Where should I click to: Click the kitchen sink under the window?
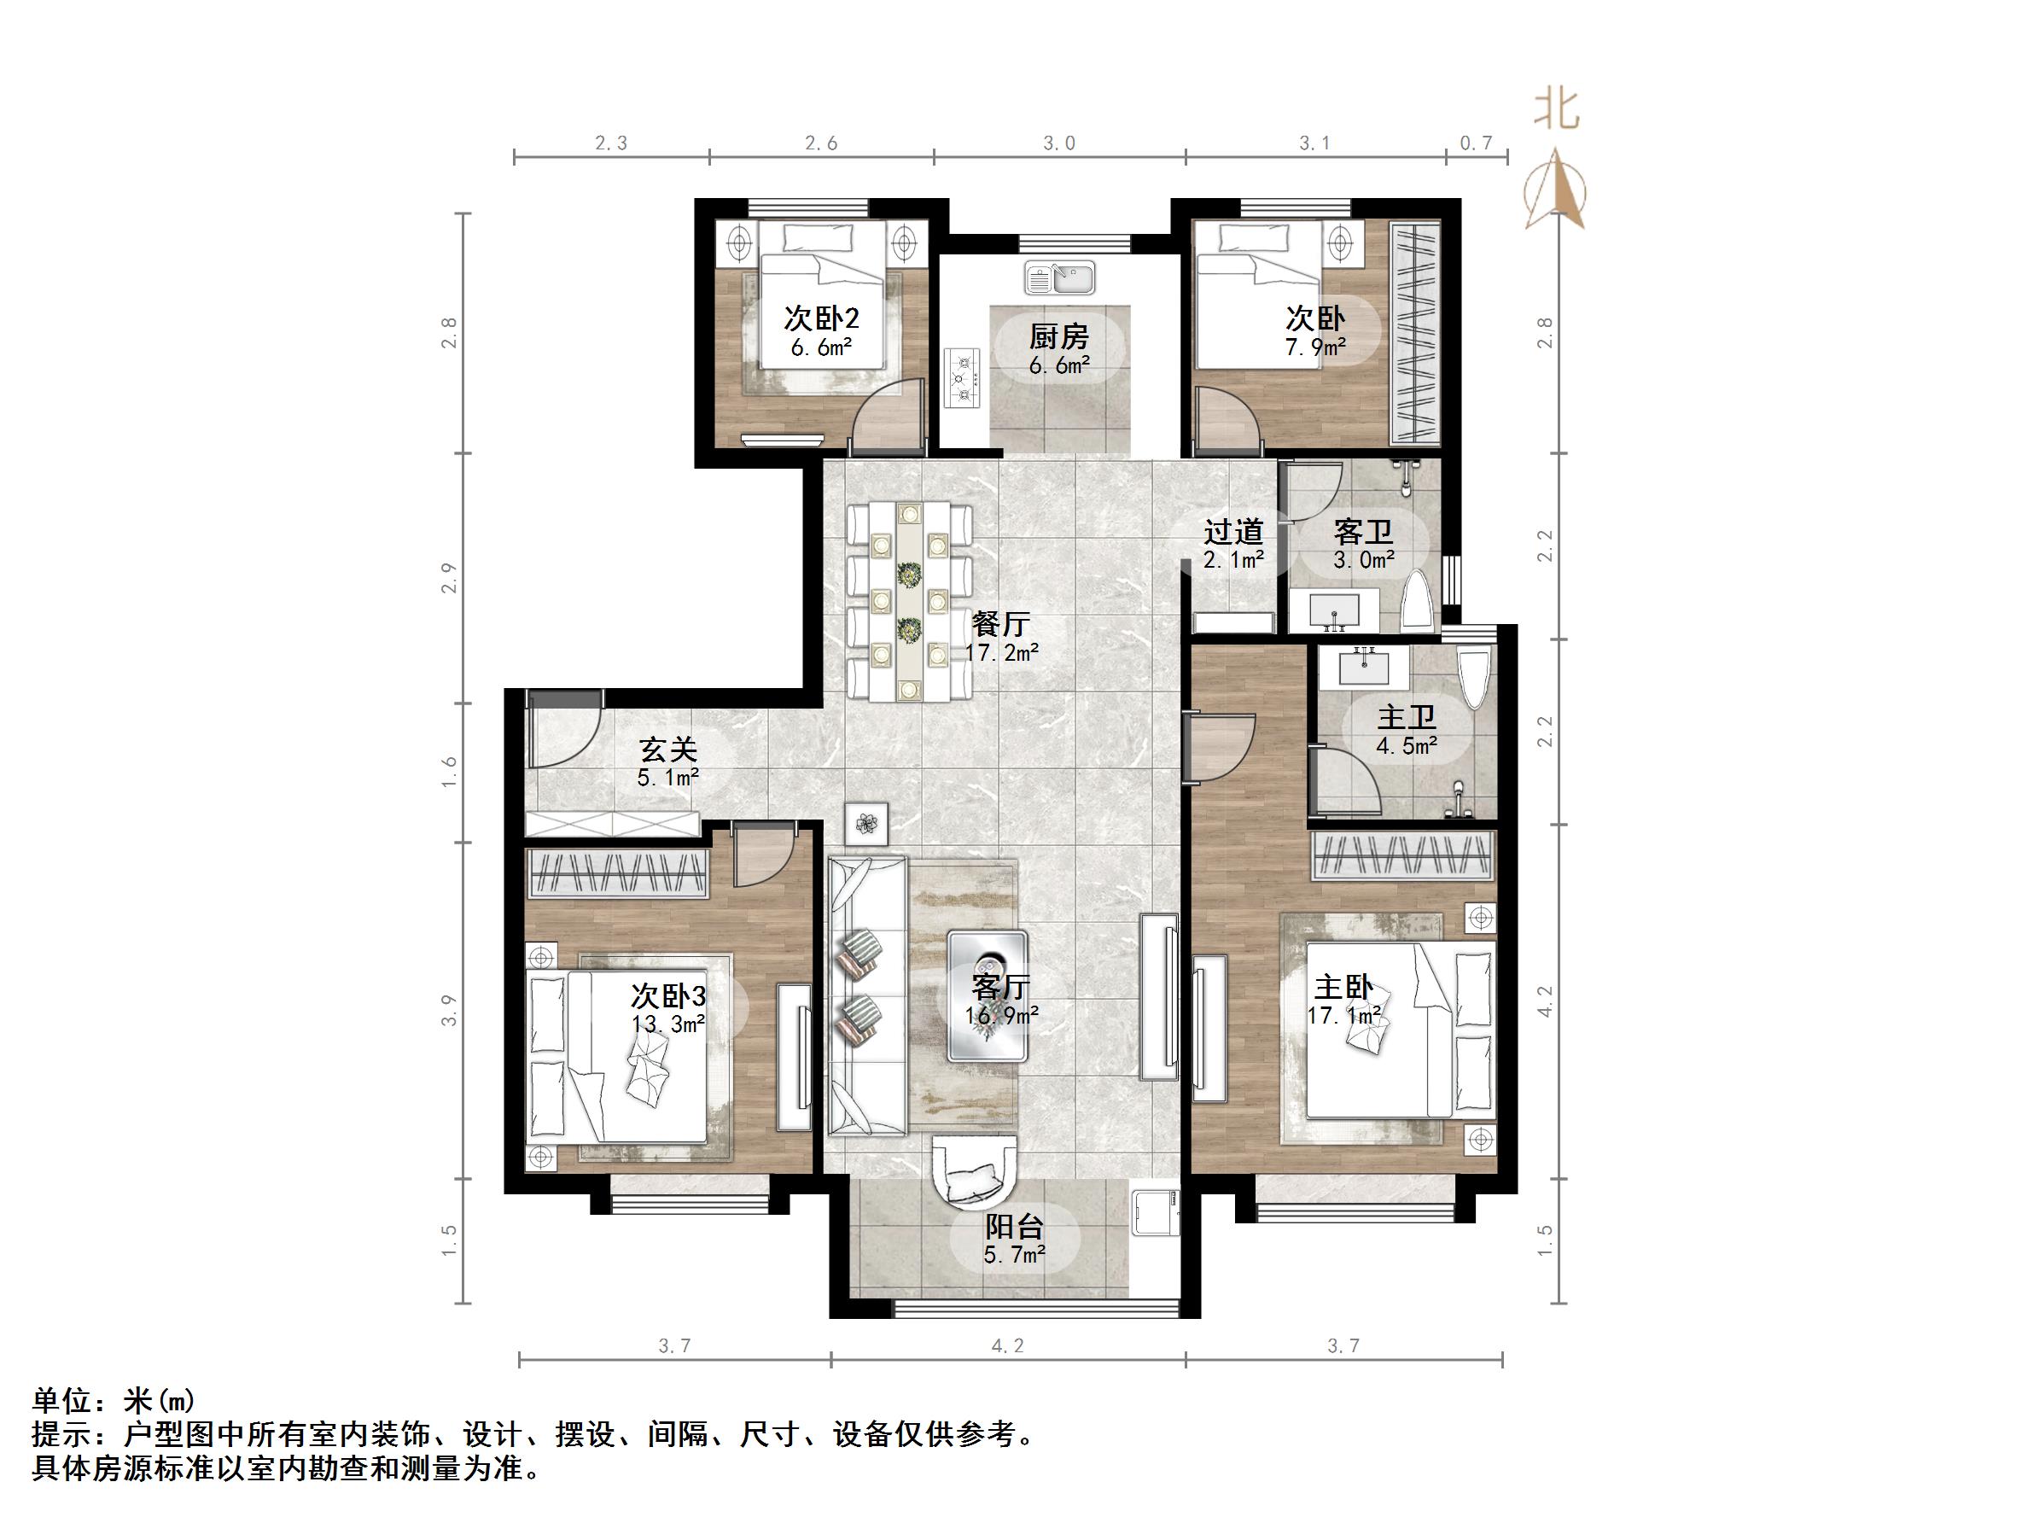1060,278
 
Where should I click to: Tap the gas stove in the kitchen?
963,377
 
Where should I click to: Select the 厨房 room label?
1058,337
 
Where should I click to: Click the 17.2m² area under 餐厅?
1002,653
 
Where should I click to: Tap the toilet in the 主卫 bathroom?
1473,678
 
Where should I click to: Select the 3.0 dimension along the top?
1058,143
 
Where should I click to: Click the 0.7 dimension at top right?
1476,143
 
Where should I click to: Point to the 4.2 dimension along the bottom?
1007,1346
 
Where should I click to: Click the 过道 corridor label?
1233,531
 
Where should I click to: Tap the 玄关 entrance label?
668,750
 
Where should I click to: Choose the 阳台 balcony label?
1014,1226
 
